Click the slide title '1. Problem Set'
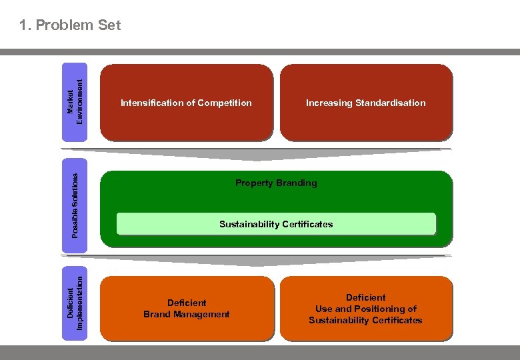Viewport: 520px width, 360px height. point(70,25)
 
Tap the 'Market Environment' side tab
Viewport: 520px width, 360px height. point(75,102)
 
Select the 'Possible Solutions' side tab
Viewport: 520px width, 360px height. point(75,205)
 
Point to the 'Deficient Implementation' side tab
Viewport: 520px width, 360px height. point(75,298)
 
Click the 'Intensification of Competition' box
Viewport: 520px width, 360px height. point(186,103)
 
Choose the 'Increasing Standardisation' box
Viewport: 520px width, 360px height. point(365,103)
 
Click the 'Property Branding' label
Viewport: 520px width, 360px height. point(276,183)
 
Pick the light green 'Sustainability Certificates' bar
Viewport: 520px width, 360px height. point(276,224)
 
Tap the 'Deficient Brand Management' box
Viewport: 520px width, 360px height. point(187,309)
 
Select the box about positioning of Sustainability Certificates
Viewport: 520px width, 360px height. point(365,309)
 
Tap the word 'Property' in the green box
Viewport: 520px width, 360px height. point(254,183)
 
